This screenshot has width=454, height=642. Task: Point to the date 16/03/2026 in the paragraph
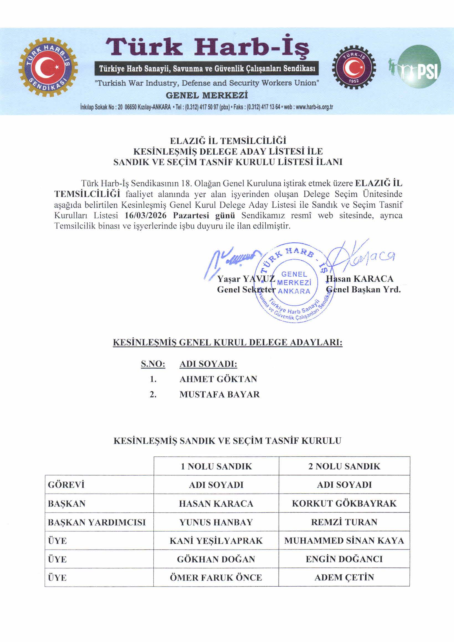tap(145, 215)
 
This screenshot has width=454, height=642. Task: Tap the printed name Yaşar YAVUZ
tap(246, 279)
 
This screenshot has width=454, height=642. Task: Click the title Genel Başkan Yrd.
tap(363, 289)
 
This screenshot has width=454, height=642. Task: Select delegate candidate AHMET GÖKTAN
tap(218, 379)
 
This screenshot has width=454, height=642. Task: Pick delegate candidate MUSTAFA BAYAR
tap(220, 395)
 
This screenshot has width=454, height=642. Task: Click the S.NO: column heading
tap(153, 364)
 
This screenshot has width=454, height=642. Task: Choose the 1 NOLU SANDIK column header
tap(216, 466)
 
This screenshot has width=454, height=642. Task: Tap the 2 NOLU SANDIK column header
tap(344, 466)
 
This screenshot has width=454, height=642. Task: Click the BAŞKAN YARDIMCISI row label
tap(97, 522)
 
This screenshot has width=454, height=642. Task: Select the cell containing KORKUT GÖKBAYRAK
tap(344, 504)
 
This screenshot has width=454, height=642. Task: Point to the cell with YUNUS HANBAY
tap(216, 522)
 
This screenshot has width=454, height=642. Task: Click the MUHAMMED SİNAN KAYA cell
tap(344, 541)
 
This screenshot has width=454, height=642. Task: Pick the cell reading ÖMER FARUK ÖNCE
tap(216, 578)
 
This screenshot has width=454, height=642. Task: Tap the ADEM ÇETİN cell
tap(344, 578)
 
